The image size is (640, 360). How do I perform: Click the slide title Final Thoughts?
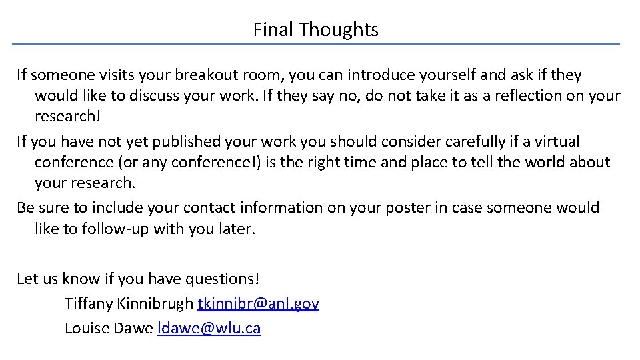click(x=316, y=29)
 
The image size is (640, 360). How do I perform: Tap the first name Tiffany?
click(x=89, y=304)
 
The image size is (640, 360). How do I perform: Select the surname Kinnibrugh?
click(x=155, y=304)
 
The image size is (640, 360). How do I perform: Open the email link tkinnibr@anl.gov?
click(x=259, y=304)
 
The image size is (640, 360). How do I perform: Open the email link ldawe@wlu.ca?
click(x=209, y=328)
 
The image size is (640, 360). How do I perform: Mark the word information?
click(x=273, y=207)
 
